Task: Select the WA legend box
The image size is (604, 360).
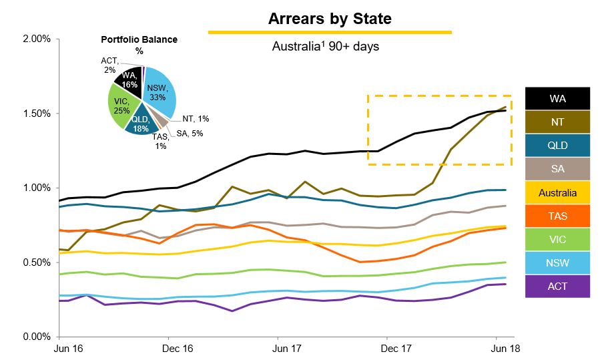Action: (558, 98)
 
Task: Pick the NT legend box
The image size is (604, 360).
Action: (558, 122)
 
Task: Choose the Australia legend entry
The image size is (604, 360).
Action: (558, 193)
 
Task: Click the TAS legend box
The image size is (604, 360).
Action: (558, 217)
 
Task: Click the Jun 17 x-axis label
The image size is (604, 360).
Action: (286, 349)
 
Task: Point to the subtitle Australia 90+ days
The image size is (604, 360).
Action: (326, 47)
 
